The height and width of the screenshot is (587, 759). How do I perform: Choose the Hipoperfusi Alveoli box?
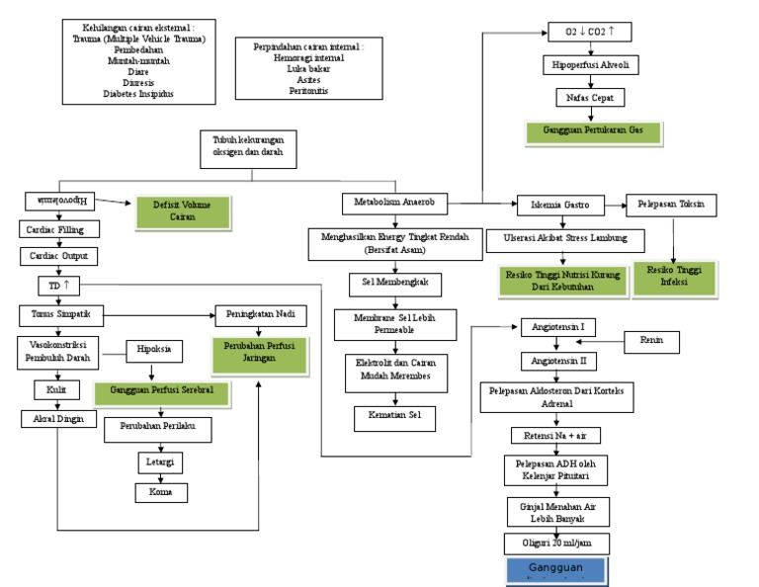point(590,66)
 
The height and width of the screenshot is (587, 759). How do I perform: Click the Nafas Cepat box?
point(590,98)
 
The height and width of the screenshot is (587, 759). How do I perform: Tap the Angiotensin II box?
point(559,362)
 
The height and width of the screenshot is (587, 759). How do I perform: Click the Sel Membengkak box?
point(395,285)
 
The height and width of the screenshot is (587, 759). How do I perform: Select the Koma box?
point(161,491)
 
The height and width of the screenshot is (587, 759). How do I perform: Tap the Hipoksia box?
point(151,350)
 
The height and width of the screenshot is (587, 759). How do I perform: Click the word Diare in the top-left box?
point(139,70)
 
